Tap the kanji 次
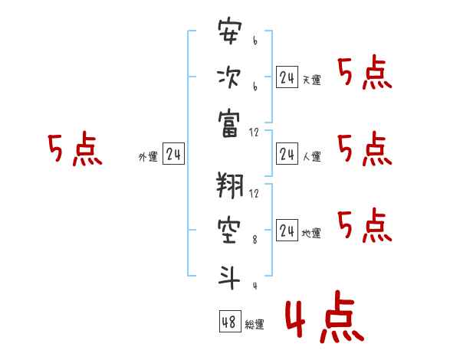coord(230,78)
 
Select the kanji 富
coord(230,123)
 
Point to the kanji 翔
coord(230,185)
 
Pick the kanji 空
coord(230,230)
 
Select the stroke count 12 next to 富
coord(255,133)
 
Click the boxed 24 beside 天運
coord(287,77)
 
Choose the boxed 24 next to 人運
coord(287,154)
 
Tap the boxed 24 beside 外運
coord(173,154)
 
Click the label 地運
coord(311,233)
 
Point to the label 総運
coord(255,325)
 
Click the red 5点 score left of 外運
coord(74,149)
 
